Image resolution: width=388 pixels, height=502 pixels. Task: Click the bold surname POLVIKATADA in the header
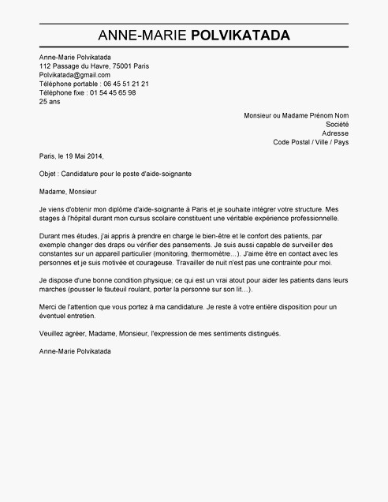pos(241,36)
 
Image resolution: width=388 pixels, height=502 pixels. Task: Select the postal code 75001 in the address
pos(122,66)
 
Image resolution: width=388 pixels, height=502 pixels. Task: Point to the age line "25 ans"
pos(49,101)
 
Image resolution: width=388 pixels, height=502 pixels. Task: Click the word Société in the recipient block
pos(337,124)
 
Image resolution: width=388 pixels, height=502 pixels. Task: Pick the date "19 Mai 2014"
pos(83,155)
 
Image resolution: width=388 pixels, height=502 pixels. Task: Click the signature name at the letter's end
pos(75,350)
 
